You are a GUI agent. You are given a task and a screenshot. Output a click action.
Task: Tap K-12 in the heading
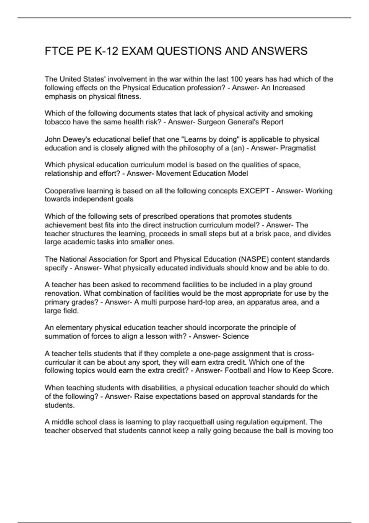106,51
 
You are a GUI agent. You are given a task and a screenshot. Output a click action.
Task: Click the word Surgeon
211,122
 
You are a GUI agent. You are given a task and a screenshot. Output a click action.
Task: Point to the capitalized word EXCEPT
254,191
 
